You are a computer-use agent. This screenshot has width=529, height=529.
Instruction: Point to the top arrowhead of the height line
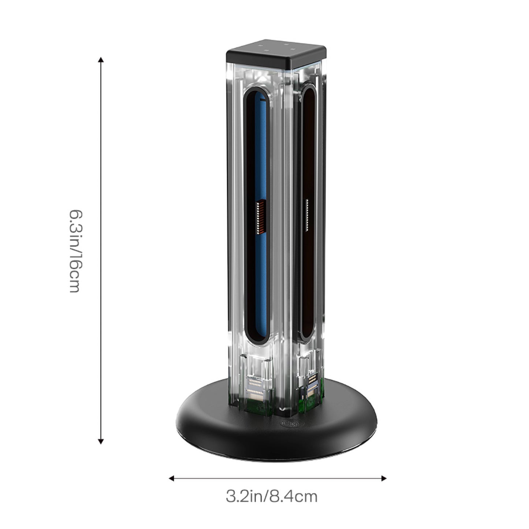tap(101, 60)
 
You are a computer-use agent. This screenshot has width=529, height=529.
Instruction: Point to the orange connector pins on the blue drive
tap(261, 217)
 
